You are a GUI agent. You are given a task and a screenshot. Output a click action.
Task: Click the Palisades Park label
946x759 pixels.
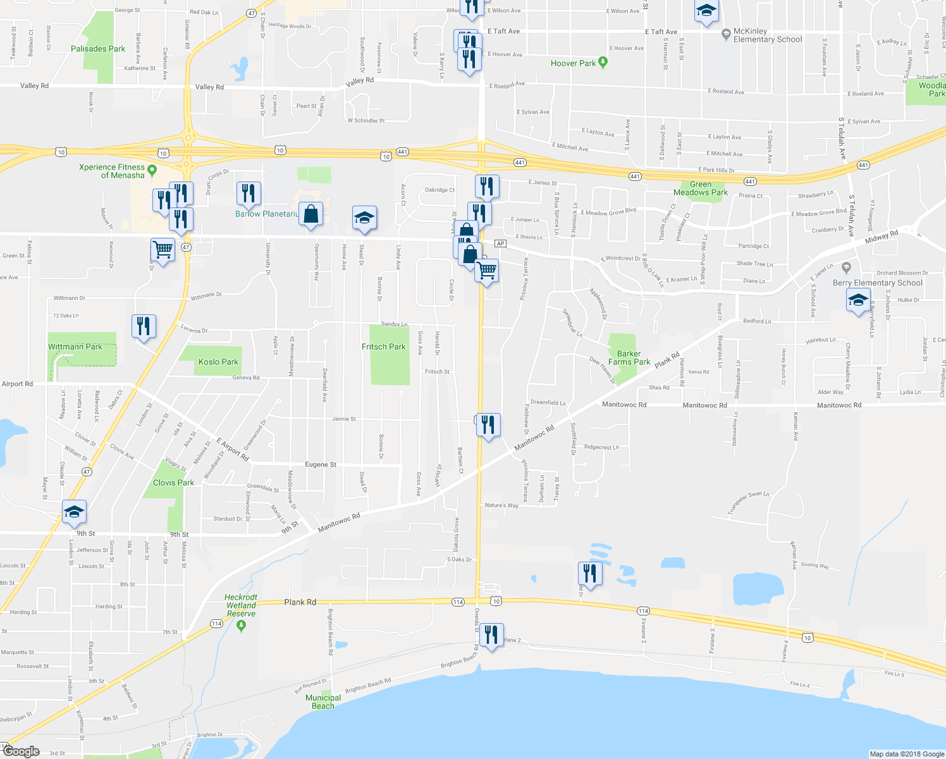[x=98, y=49]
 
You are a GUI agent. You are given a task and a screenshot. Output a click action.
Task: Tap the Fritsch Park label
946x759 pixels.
[x=384, y=347]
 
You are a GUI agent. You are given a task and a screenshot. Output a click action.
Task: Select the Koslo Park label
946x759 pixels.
[x=218, y=362]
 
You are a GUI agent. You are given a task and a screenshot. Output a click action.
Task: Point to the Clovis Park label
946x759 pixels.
[x=173, y=483]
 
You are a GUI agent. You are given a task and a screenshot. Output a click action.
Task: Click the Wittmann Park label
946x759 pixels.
[x=75, y=347]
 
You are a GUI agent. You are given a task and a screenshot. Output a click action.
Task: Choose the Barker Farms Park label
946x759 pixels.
[x=629, y=358]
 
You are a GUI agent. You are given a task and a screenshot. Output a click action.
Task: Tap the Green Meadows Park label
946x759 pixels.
[x=700, y=188]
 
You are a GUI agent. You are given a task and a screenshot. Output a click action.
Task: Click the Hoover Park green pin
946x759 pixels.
[x=603, y=62]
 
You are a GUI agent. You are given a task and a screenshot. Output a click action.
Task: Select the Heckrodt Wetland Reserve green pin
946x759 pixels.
[x=240, y=626]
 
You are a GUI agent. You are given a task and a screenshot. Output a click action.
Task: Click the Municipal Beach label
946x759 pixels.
[x=323, y=701]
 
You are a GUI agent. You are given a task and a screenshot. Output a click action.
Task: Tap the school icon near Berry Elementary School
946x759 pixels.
[x=858, y=300]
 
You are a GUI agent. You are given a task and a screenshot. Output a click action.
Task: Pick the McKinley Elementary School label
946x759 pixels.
[x=767, y=35]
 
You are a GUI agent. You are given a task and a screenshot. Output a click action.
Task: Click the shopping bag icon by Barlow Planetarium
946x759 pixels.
[x=310, y=214]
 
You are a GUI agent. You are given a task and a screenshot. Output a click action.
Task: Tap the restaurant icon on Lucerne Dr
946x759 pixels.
[x=144, y=326]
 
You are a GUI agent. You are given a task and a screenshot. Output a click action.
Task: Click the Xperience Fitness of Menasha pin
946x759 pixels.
[x=152, y=170]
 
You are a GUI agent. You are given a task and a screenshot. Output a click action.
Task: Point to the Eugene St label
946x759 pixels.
[x=321, y=464]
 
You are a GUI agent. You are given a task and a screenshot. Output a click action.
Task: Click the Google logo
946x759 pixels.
[x=21, y=751]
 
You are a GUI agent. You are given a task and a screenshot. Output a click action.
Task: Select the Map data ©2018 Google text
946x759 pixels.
[x=906, y=754]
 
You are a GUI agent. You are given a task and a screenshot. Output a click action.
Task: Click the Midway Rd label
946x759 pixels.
[x=881, y=237]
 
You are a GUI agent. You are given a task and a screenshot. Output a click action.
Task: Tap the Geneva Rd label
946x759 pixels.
[x=246, y=378]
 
